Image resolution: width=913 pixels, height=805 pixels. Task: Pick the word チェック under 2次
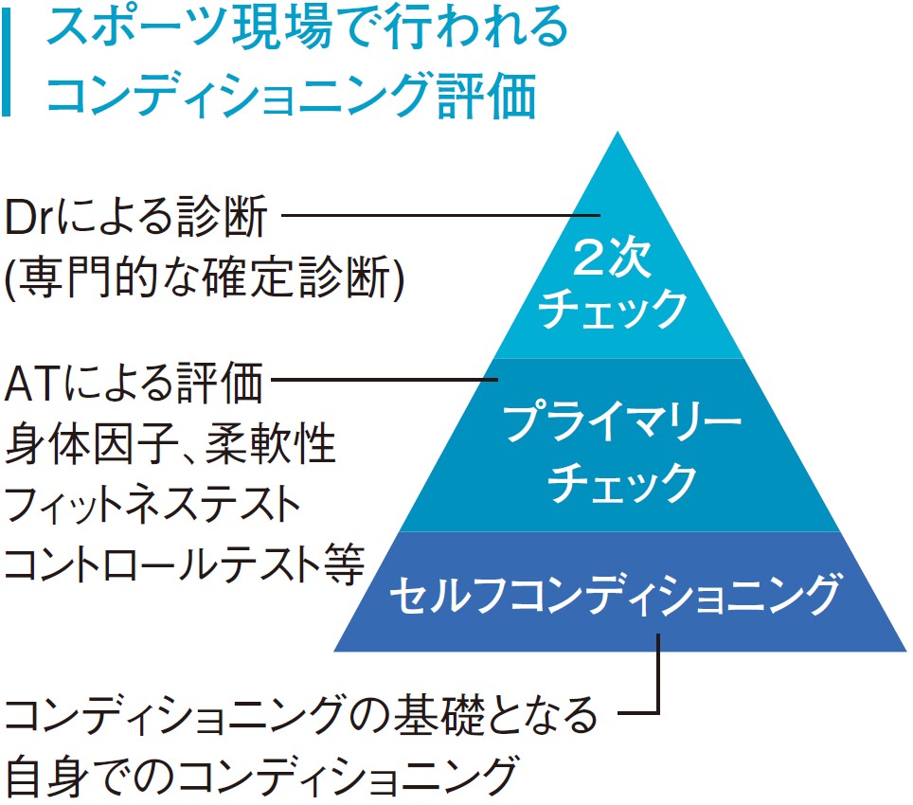point(614,308)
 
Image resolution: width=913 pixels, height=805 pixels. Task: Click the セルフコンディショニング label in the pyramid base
point(615,595)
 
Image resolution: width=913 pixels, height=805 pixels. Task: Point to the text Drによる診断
point(136,220)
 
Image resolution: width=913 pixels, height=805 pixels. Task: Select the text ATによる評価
point(133,386)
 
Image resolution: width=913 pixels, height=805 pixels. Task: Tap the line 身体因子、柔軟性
point(171,443)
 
